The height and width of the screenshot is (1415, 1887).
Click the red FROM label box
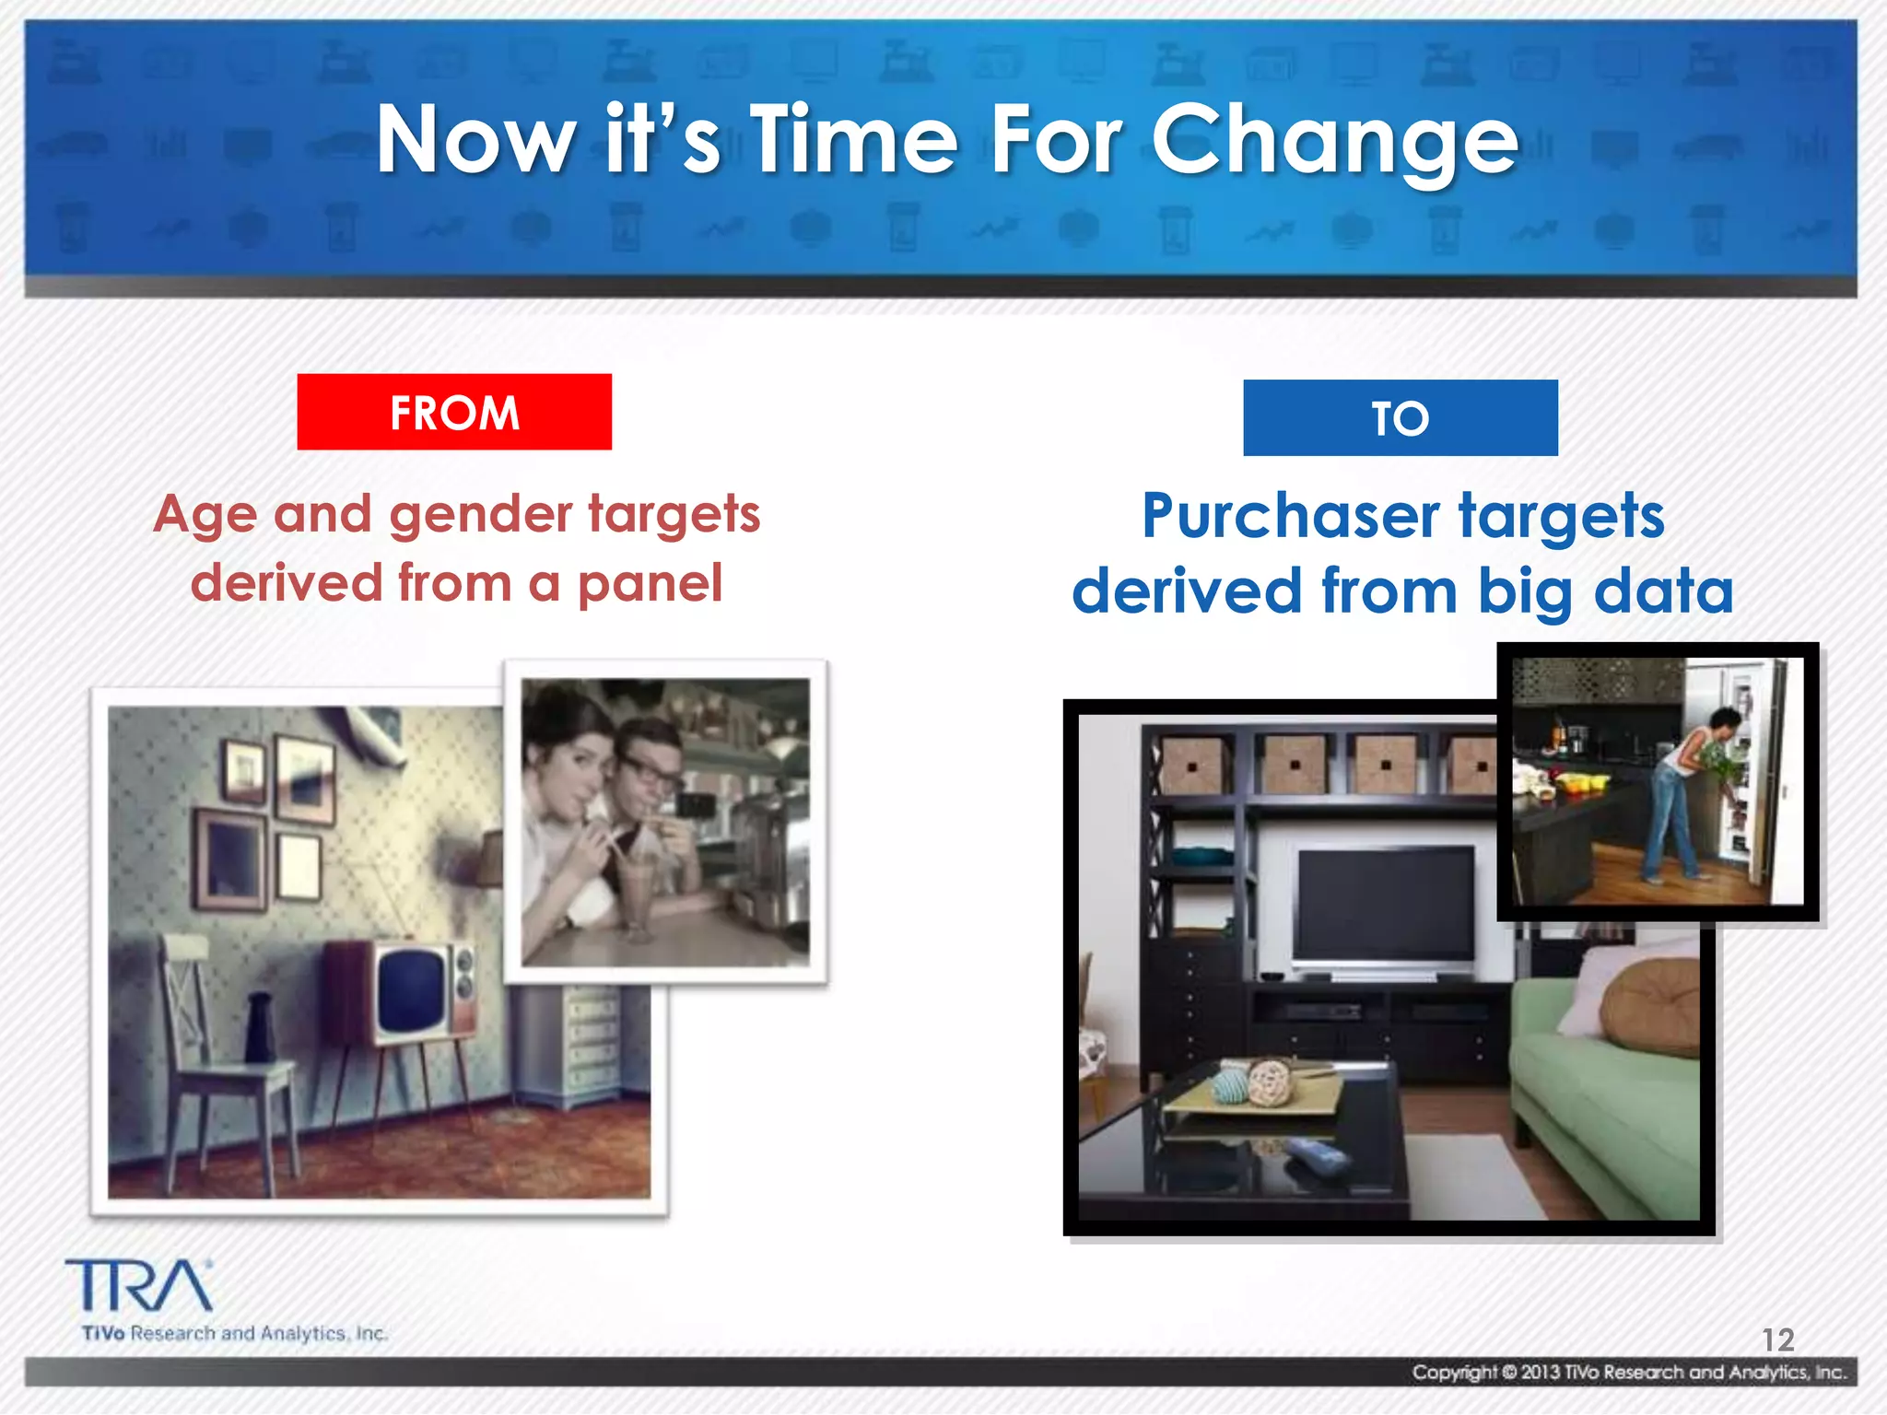tap(454, 412)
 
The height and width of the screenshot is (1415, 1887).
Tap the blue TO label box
tap(1400, 418)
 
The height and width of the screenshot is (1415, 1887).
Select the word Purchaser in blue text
tap(1290, 516)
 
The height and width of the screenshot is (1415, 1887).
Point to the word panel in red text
tap(650, 584)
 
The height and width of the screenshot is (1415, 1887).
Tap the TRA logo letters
tap(138, 1286)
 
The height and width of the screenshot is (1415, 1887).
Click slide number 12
tap(1777, 1339)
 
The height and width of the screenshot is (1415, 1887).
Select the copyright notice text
tap(1629, 1373)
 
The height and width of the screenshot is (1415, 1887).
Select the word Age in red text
tap(205, 515)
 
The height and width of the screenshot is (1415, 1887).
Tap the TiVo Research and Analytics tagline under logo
tap(235, 1333)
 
